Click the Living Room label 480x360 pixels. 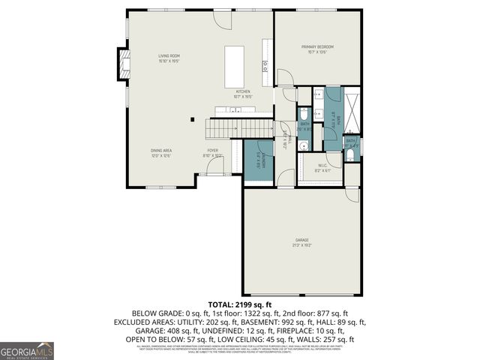click(x=168, y=58)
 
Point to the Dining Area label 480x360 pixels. click(x=161, y=153)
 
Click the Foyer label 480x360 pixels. click(x=213, y=153)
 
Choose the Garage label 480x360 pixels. click(x=301, y=242)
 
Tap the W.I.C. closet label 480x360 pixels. click(x=320, y=167)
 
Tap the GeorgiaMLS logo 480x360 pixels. click(x=27, y=350)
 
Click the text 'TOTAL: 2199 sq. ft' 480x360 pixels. click(x=240, y=304)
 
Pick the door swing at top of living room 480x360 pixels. click(x=223, y=19)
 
